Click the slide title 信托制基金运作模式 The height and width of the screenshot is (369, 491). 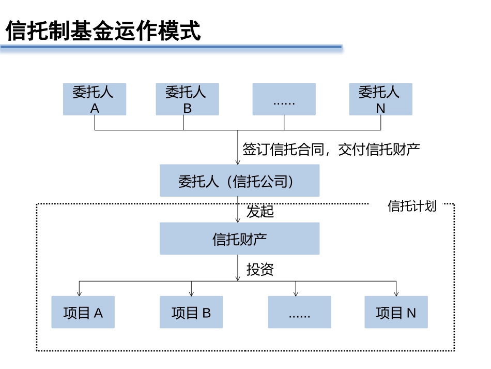[103, 31]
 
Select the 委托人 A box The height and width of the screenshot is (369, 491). [94, 99]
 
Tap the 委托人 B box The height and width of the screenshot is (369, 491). [187, 99]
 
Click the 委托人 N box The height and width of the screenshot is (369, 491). [380, 99]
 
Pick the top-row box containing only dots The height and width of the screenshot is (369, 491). [284, 99]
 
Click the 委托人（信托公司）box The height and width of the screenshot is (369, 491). [239, 181]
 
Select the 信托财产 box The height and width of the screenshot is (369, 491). [239, 239]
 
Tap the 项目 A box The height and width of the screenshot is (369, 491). [83, 312]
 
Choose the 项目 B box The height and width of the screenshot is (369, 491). [191, 312]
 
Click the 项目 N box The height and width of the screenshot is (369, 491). [396, 312]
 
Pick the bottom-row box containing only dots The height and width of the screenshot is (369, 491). [299, 312]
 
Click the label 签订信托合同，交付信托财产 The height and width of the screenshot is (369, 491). [331, 150]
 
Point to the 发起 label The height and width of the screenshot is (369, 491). [259, 212]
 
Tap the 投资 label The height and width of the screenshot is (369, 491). [259, 270]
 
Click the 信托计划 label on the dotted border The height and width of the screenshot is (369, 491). [412, 206]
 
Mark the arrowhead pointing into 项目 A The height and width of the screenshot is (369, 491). [79, 293]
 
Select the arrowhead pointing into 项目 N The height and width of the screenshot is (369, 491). [396, 293]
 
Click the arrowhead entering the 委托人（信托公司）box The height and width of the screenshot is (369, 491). [238, 162]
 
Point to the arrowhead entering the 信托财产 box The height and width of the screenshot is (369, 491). [238, 220]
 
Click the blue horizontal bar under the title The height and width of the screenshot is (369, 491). [171, 47]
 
